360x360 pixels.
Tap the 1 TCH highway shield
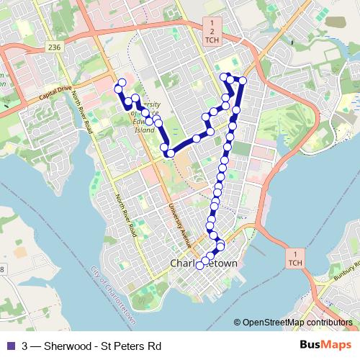coord(294,258)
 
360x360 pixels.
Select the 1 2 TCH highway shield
coord(212,32)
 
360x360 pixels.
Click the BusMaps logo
coord(331,345)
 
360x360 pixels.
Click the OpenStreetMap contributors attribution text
coord(297,323)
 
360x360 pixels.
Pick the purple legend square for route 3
coord(9,346)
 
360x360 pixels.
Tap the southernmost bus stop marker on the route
coord(199,265)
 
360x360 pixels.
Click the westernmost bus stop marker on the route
coord(120,82)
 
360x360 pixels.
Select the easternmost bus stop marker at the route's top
coord(243,80)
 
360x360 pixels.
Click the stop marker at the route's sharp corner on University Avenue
coord(171,153)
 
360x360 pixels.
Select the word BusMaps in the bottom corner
coord(331,345)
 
